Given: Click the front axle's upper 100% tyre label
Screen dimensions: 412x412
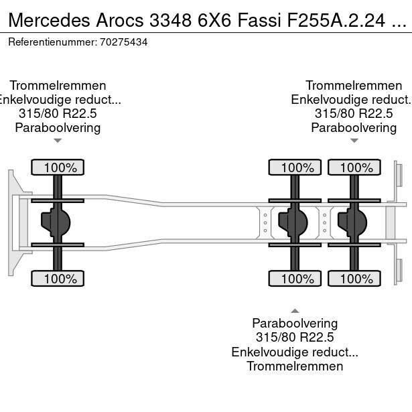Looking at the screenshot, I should click(58, 167).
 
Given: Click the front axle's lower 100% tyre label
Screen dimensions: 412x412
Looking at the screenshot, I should click(58, 279).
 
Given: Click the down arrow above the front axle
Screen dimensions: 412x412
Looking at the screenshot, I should click(58, 141).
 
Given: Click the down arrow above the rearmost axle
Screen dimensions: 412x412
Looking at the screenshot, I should click(353, 141).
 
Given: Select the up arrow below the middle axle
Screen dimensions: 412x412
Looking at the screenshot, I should click(295, 310).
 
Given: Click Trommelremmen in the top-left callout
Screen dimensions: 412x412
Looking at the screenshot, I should click(58, 86).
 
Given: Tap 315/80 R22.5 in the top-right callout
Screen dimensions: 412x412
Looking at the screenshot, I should click(353, 114).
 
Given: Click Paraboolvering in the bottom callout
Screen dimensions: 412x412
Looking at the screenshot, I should click(295, 324).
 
